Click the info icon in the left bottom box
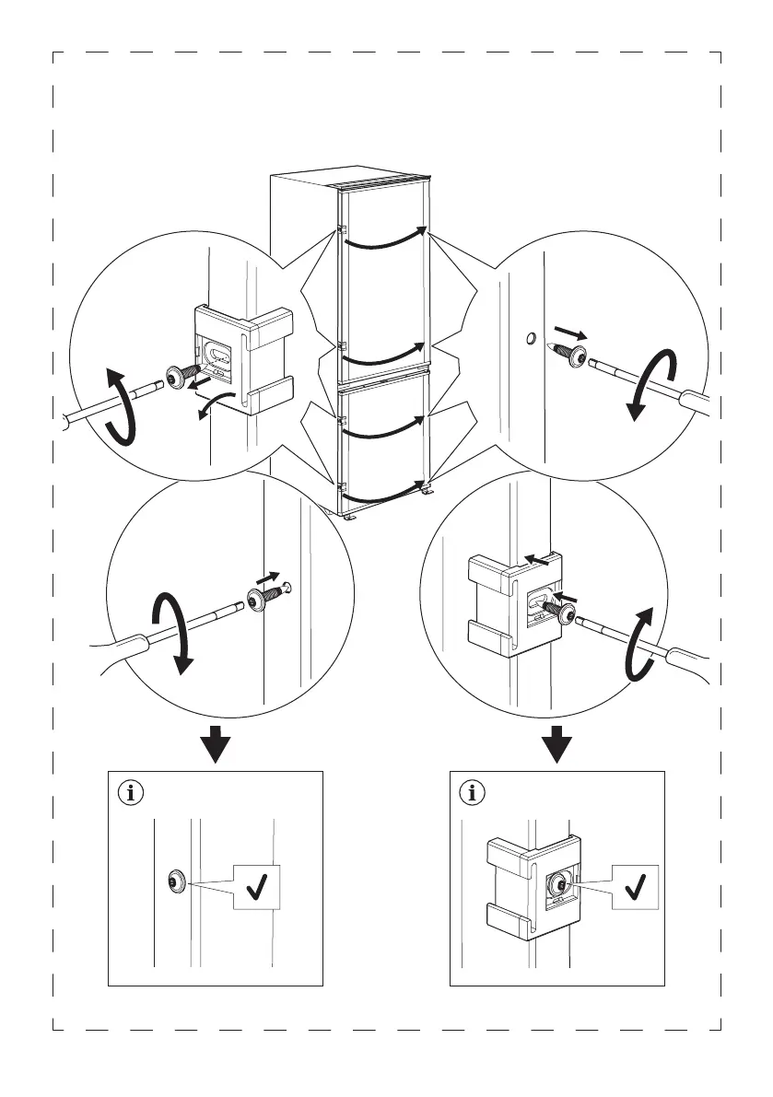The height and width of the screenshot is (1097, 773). click(x=135, y=791)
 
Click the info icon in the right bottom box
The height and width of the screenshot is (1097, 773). click(x=474, y=791)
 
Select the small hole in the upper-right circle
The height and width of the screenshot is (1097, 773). click(x=531, y=340)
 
